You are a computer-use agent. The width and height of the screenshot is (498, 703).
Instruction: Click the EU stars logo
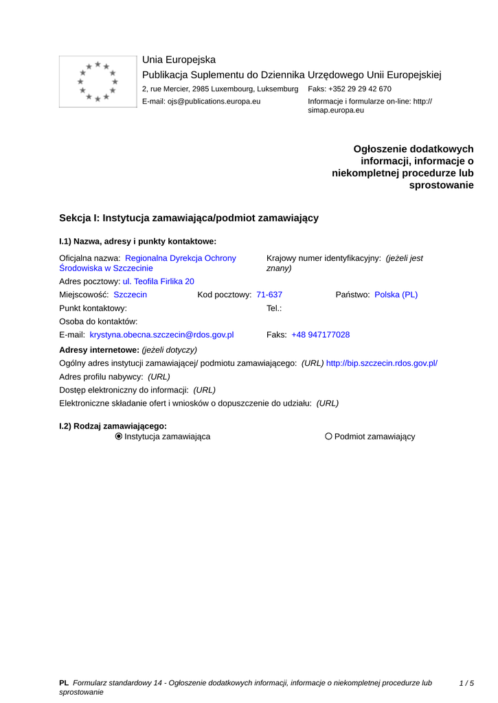tap(98, 82)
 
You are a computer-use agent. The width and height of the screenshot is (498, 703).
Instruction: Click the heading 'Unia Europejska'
tap(179, 60)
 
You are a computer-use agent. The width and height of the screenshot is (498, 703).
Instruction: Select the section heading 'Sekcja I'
tap(189, 218)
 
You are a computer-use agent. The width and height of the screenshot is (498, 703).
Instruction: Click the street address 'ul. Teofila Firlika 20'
tap(158, 281)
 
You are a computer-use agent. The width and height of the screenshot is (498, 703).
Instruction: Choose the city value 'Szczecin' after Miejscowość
tap(130, 295)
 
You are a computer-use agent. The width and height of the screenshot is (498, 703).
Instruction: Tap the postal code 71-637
tap(269, 295)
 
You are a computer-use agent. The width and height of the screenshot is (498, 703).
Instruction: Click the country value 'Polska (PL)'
tap(396, 295)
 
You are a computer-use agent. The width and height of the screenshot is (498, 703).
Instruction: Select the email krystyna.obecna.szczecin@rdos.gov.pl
tap(161, 335)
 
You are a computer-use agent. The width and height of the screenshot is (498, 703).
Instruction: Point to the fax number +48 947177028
tap(320, 335)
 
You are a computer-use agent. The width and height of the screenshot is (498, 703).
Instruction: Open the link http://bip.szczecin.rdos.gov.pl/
tap(381, 363)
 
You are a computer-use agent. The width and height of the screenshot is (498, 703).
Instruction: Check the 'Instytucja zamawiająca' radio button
tap(119, 437)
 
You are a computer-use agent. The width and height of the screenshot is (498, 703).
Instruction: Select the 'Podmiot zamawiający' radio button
tap(328, 437)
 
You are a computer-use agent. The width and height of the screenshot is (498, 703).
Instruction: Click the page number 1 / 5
tap(466, 683)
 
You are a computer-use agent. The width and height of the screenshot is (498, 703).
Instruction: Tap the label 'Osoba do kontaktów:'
tap(98, 321)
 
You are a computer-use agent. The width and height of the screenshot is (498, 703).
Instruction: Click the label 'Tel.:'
tap(274, 308)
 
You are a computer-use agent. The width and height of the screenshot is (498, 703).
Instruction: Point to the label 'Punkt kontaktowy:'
tap(93, 308)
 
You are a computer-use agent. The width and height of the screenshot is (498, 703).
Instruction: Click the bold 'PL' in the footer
tap(64, 683)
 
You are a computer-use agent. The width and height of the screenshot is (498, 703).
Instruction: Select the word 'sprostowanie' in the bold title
tap(441, 185)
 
